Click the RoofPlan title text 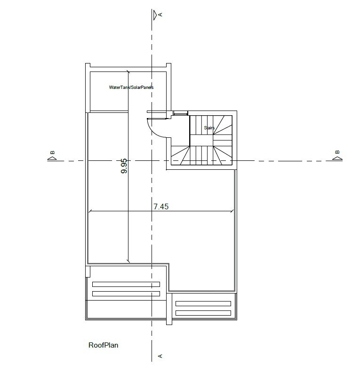point(103,345)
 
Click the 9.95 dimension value point(124,166)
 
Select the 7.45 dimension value point(161,206)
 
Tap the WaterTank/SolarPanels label point(131,87)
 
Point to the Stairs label point(209,128)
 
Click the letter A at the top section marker point(160,15)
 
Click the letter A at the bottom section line point(160,356)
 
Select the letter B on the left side point(52,152)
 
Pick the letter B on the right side point(337,152)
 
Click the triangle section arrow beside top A point(155,15)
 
